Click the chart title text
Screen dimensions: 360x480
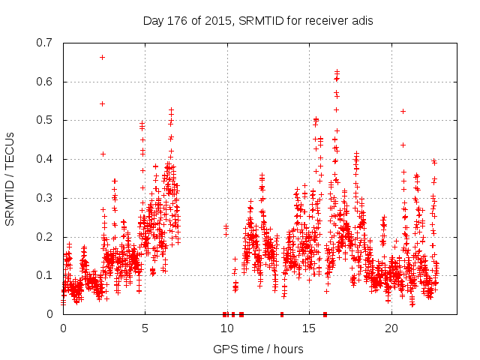tap(258, 20)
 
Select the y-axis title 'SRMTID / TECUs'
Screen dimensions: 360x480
tap(10, 178)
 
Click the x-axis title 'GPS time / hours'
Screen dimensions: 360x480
tap(258, 349)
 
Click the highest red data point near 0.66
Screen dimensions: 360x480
tap(102, 57)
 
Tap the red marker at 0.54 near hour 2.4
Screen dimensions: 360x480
tap(102, 103)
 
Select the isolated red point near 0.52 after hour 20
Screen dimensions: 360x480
tap(403, 111)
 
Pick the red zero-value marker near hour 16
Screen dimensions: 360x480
tap(325, 313)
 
